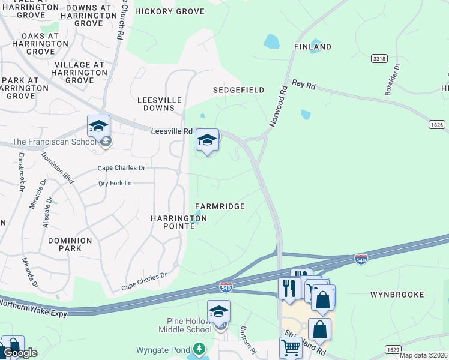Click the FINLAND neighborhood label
312,47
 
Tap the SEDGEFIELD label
238,90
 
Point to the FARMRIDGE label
220,206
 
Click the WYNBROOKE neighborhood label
397,295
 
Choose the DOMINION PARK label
70,244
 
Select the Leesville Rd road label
171,131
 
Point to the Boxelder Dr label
393,80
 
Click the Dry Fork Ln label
115,183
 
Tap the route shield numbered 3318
379,58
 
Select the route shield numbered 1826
436,124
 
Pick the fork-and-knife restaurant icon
289,287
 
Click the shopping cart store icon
291,347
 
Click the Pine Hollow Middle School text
185,325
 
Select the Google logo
19,353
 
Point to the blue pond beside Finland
271,41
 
